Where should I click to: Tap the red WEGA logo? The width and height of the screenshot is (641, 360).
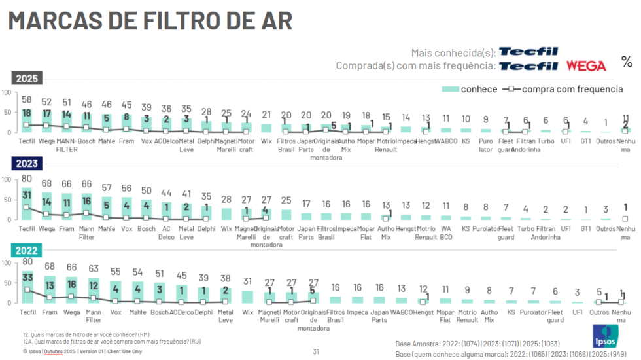pyautogui.click(x=586, y=65)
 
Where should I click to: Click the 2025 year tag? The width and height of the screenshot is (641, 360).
pyautogui.click(x=27, y=79)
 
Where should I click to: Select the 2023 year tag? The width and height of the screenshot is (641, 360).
pyautogui.click(x=27, y=164)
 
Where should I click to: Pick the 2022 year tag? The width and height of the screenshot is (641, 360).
pyautogui.click(x=27, y=250)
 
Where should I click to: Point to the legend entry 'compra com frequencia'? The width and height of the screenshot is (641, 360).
pyautogui.click(x=563, y=89)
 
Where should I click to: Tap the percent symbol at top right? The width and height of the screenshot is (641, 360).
pyautogui.click(x=627, y=62)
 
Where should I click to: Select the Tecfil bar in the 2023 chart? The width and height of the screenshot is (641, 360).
pyautogui.click(x=27, y=203)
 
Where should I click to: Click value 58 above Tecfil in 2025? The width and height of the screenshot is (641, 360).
pyautogui.click(x=27, y=100)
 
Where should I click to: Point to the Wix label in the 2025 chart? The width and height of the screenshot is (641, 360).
pyautogui.click(x=266, y=140)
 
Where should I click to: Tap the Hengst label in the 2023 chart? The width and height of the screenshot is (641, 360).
pyautogui.click(x=406, y=228)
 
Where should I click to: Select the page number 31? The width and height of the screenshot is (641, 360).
pyautogui.click(x=316, y=351)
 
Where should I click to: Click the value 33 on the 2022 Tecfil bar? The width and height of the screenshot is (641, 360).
pyautogui.click(x=27, y=277)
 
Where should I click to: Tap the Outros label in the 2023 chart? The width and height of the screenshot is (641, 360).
pyautogui.click(x=606, y=228)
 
